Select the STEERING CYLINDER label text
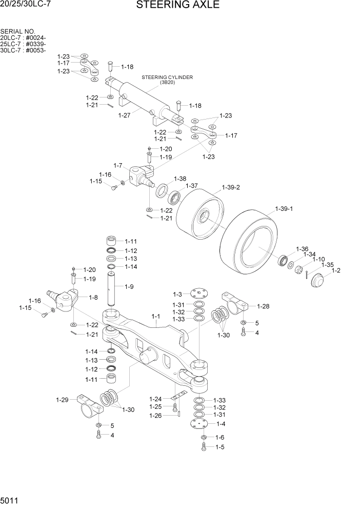coord(167,77)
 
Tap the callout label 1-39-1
coord(284,209)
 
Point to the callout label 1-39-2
coord(231,188)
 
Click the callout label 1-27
coord(124,115)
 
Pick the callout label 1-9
coord(128,286)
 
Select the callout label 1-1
coord(156,318)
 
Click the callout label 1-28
coord(263,306)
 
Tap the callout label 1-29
coord(62,400)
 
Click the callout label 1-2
coord(336,270)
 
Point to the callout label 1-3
coord(177,295)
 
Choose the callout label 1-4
coord(221,424)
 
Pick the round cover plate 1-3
coord(197,294)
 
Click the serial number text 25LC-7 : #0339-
coord(24,44)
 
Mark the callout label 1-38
coord(179,179)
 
